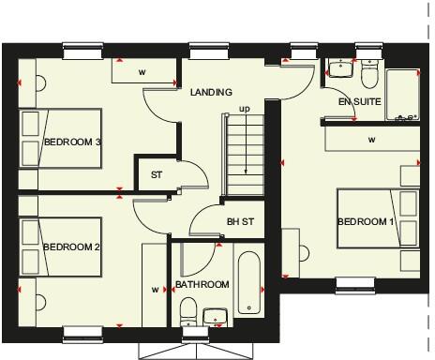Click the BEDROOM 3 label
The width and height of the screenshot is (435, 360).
pyautogui.click(x=72, y=142)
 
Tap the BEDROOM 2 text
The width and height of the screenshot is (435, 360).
pyautogui.click(x=72, y=247)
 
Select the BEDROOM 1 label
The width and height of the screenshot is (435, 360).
pyautogui.click(x=366, y=221)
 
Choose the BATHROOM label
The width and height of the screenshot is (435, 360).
pyautogui.click(x=202, y=284)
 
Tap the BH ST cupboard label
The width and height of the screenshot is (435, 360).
pyautogui.click(x=240, y=222)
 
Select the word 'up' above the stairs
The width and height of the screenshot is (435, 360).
pyautogui.click(x=245, y=110)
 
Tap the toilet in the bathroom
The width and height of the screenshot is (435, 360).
pyautogui.click(x=187, y=308)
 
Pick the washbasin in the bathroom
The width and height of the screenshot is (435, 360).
pyautogui.click(x=216, y=316)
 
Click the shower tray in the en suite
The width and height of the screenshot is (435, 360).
pyautogui.click(x=402, y=94)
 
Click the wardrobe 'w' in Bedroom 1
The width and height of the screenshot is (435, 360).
pyautogui.click(x=372, y=140)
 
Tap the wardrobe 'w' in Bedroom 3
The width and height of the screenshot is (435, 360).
pyautogui.click(x=142, y=70)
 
